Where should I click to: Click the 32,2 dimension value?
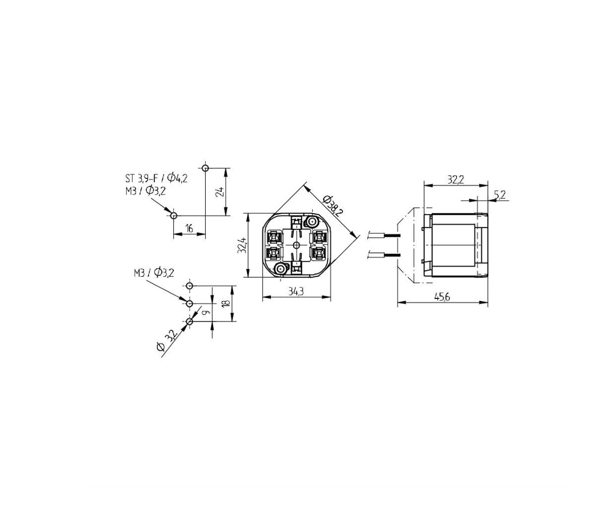click(456, 180)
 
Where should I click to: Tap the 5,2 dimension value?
click(500, 195)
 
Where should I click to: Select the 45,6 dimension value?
click(442, 297)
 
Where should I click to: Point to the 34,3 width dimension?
click(296, 292)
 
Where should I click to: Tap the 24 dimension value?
click(220, 191)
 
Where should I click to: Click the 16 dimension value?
click(189, 228)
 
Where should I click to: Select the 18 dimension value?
click(225, 304)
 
